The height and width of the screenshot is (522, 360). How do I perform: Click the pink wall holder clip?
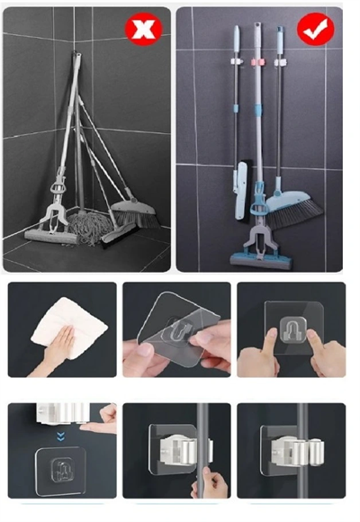[x=261, y=64]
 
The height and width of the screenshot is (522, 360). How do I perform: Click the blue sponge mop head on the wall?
[x=261, y=260]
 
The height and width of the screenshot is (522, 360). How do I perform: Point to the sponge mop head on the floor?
[x=50, y=237]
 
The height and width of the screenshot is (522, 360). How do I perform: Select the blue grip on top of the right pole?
[x=278, y=39]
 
